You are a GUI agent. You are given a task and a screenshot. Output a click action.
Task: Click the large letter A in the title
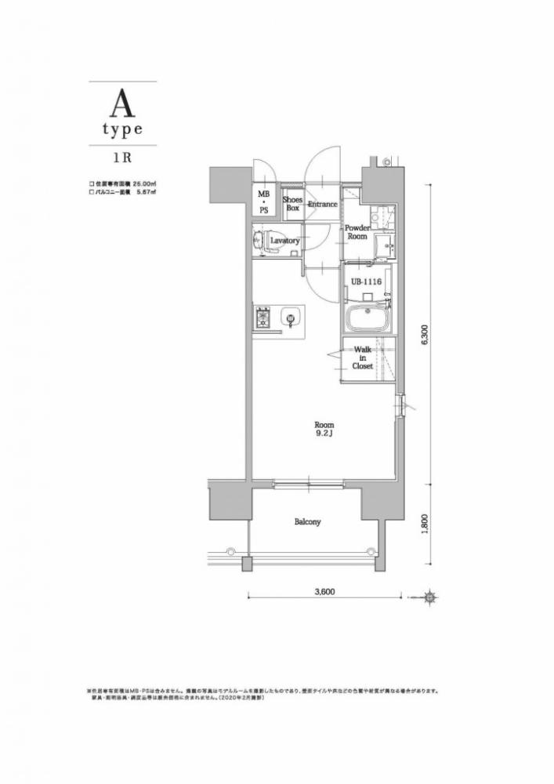tap(122, 102)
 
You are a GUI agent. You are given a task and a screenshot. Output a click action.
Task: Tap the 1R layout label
tap(122, 155)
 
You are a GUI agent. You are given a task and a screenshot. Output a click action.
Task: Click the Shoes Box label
tap(293, 204)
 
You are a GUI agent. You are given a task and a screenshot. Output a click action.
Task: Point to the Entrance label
tap(322, 205)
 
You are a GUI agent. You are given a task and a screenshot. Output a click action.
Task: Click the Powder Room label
tap(357, 232)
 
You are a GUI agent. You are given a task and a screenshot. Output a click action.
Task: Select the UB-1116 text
tap(366, 280)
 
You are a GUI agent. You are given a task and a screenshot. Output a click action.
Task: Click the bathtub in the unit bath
tap(368, 321)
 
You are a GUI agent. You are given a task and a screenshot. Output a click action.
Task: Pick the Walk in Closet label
tap(362, 358)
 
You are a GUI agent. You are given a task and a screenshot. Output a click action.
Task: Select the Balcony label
tap(308, 521)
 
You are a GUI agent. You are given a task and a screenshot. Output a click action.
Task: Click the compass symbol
tap(429, 597)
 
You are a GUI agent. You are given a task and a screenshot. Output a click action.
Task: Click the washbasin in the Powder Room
tap(384, 245)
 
